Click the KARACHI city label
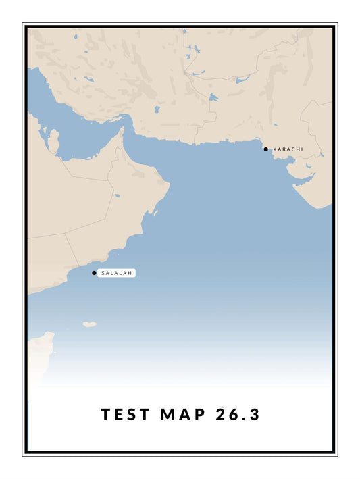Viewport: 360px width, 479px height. (287, 149)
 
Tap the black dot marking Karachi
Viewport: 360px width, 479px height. (266, 149)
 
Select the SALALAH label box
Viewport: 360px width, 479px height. (117, 273)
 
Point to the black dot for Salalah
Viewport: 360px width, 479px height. (94, 273)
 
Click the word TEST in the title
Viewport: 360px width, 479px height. (125, 414)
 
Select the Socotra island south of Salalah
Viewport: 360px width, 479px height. (90, 324)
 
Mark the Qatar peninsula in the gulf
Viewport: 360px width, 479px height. (53, 142)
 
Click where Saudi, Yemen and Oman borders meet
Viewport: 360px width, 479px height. (65, 234)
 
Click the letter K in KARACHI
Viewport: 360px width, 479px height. (275, 149)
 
